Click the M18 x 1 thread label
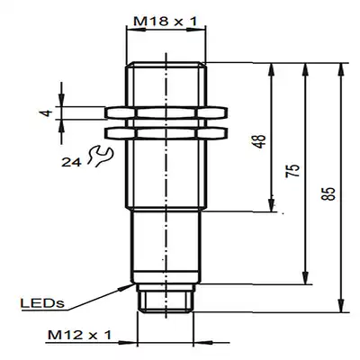pyautogui.click(x=166, y=22)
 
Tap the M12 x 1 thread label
pyautogui.click(x=79, y=335)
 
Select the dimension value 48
pyautogui.click(x=261, y=141)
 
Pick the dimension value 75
pyautogui.click(x=293, y=171)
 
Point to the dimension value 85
pyautogui.click(x=328, y=194)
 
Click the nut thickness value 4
pyautogui.click(x=46, y=113)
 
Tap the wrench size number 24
pyautogui.click(x=71, y=163)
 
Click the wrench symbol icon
pyautogui.click(x=100, y=156)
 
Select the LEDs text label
pyautogui.click(x=42, y=303)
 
